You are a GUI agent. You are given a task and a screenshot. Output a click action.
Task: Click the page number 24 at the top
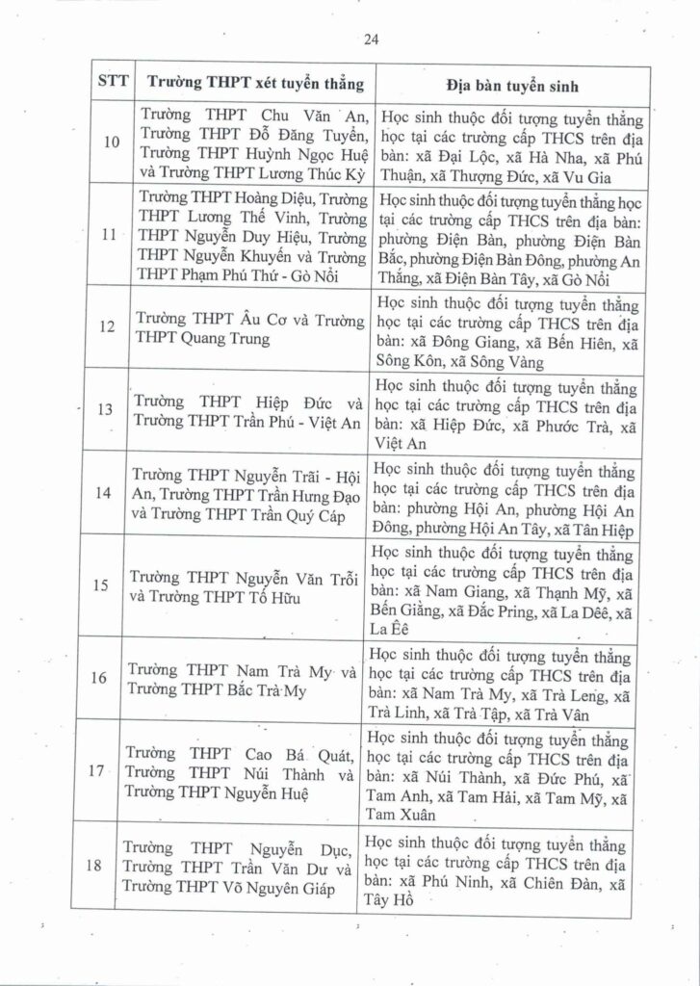coord(372,39)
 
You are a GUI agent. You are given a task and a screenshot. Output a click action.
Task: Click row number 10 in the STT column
coord(112,143)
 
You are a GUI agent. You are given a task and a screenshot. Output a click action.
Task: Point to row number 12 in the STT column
coord(109,326)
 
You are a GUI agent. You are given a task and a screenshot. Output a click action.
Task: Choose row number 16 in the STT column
coord(111,677)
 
